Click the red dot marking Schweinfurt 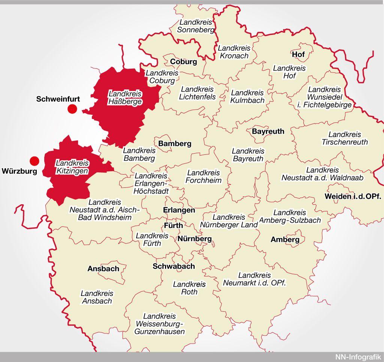point(72,109)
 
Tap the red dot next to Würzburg point(34,161)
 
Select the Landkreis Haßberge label point(125,98)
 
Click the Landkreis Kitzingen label point(72,167)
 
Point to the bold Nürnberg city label point(195,239)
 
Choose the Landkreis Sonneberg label point(196,26)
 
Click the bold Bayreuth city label point(268,131)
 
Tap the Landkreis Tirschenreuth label point(345,138)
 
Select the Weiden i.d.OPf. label point(353,196)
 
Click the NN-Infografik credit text point(358,357)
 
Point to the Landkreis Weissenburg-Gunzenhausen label point(160,324)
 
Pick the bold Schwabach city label point(174,266)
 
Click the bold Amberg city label point(285,239)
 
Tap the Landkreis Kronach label point(233,52)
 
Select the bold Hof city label point(298,54)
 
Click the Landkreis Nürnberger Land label point(229,221)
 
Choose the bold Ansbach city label point(103,269)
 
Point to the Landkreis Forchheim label point(204,177)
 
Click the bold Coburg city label point(183,62)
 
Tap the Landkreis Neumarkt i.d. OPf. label point(255,279)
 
